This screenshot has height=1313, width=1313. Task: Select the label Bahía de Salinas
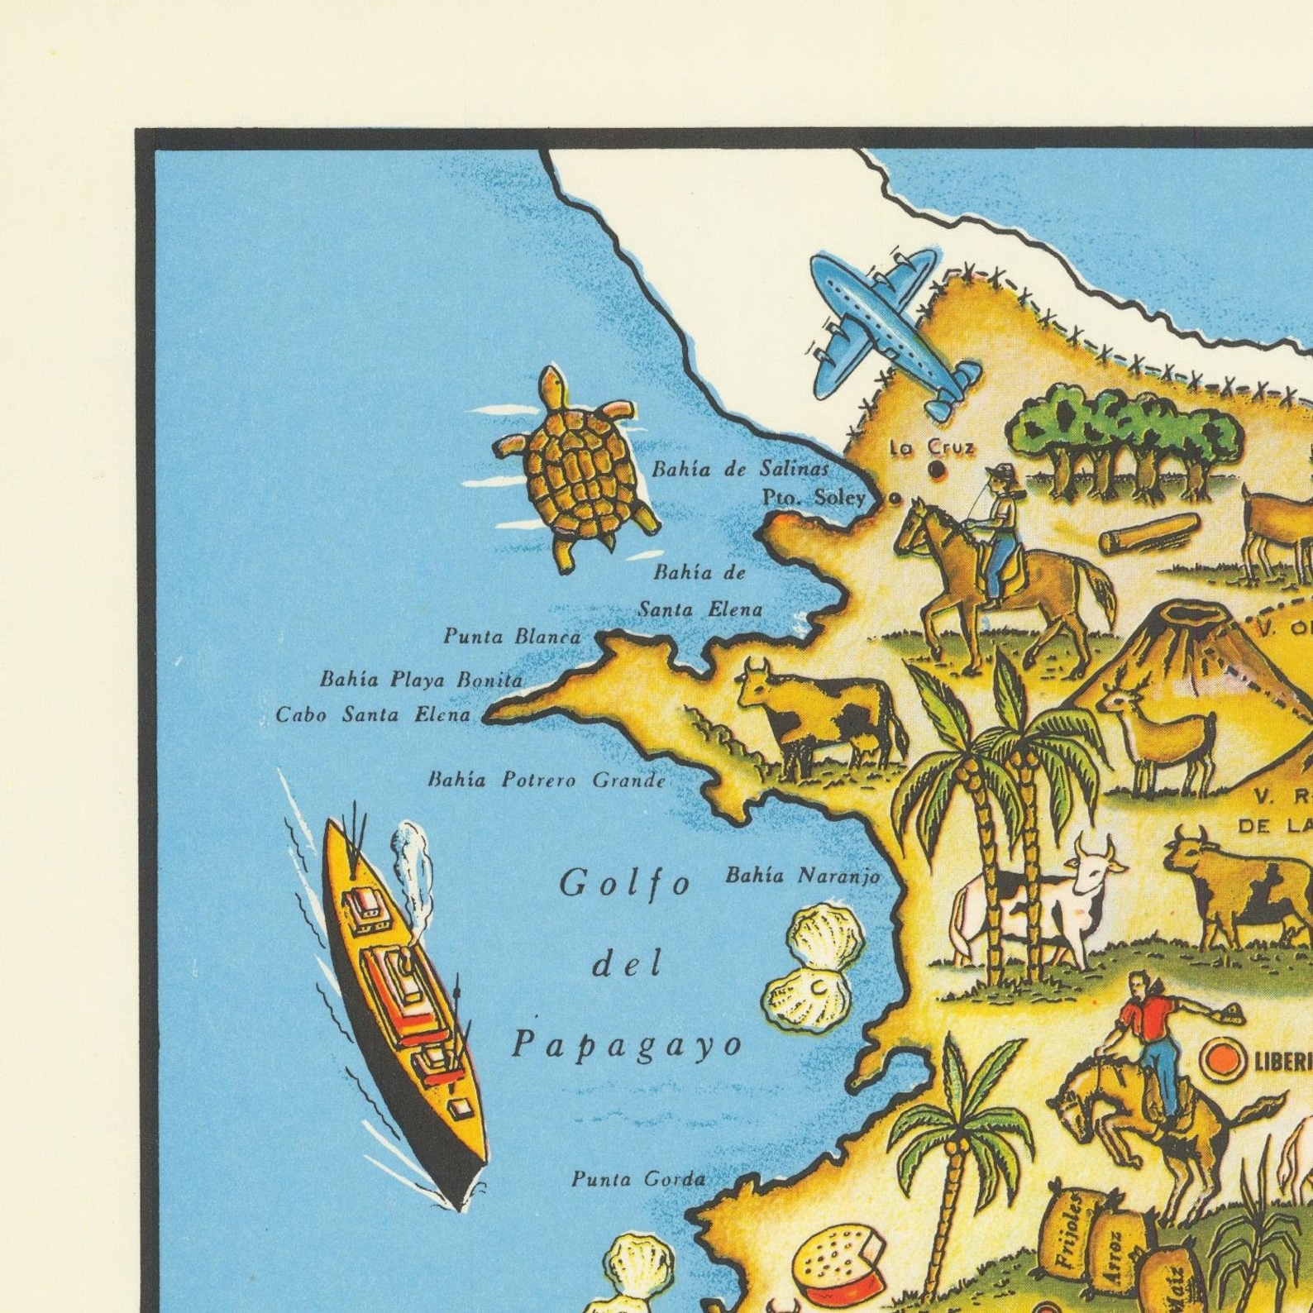739,470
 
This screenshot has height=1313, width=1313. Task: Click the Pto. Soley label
813,498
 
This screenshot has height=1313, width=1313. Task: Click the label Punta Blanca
512,636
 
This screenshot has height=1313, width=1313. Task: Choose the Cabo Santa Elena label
372,714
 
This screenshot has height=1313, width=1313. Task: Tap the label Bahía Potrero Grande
546,780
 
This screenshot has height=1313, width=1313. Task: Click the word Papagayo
627,1045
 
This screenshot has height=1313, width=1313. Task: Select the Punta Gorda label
638,1179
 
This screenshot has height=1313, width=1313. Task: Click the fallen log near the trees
1148,533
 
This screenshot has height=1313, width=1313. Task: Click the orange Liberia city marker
1221,1060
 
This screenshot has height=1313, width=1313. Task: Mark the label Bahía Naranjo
801,876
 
